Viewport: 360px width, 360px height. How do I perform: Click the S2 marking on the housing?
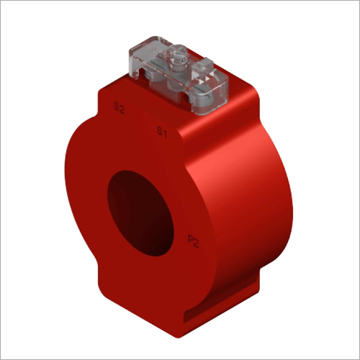(119, 108)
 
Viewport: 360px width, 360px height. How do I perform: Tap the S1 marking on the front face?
(162, 132)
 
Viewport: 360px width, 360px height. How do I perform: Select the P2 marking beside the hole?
(193, 241)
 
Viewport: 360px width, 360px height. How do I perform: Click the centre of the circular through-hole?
(140, 213)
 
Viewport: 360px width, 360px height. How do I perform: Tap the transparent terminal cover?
(179, 75)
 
